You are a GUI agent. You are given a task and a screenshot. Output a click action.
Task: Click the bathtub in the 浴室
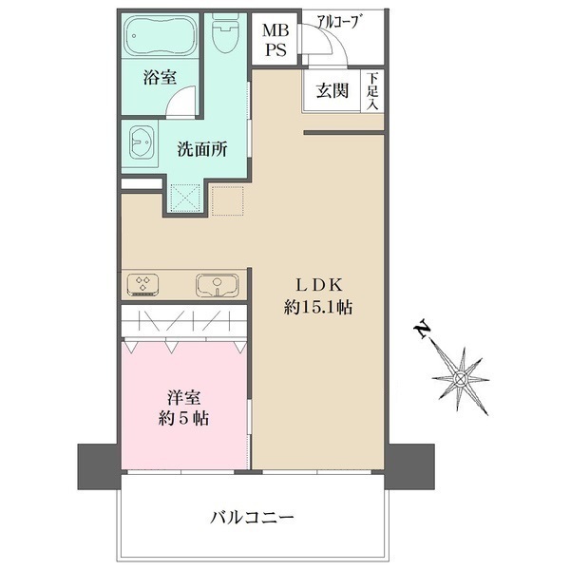click(161, 36)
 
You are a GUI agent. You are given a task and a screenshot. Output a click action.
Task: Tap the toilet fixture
click(226, 35)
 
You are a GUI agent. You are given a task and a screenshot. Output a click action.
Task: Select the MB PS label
click(275, 40)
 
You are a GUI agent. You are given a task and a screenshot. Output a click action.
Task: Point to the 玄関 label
click(332, 91)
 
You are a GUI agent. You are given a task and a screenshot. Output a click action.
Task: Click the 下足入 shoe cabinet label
click(375, 91)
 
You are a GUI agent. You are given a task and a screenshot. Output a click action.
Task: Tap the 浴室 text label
click(160, 79)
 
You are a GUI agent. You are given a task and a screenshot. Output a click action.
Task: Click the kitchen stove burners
click(145, 284)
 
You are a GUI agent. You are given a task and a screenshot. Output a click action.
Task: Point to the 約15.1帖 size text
click(319, 309)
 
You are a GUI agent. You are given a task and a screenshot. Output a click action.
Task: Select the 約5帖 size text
click(184, 419)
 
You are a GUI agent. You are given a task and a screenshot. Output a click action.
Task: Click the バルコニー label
click(251, 519)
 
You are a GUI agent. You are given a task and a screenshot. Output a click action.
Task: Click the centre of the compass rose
click(461, 378)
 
